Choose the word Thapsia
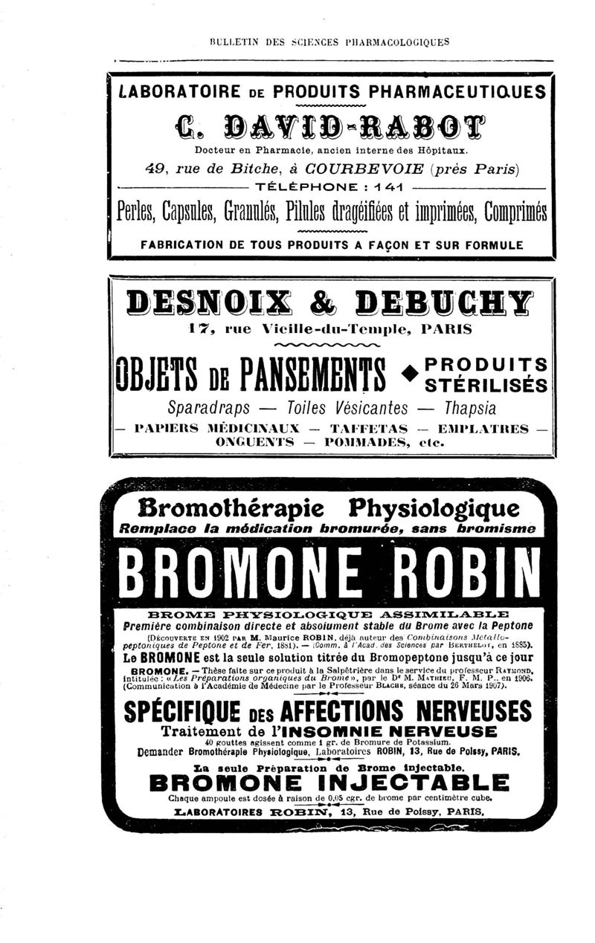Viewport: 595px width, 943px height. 471,409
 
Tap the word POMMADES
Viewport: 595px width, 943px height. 362,442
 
